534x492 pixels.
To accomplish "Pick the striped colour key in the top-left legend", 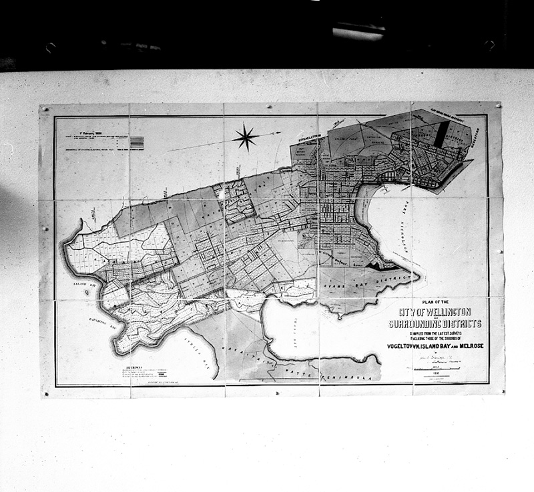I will tap(138, 141).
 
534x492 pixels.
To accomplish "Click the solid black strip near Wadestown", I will tap(439, 137).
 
